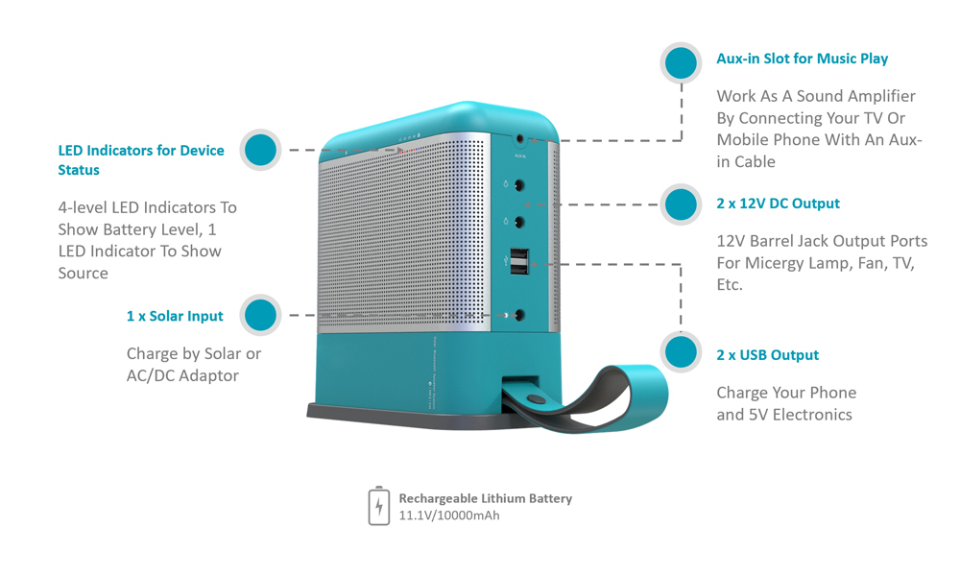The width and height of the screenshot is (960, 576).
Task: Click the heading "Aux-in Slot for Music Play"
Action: pyautogui.click(x=802, y=59)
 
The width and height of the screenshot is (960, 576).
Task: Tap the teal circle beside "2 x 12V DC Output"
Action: pyautogui.click(x=681, y=204)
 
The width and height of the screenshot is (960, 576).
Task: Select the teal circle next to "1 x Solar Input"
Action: pyautogui.click(x=260, y=315)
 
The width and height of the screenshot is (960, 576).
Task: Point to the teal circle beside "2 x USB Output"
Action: pyautogui.click(x=681, y=352)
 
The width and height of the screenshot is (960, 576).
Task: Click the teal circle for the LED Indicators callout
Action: pyautogui.click(x=260, y=150)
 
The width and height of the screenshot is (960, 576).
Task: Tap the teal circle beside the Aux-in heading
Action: pyautogui.click(x=681, y=62)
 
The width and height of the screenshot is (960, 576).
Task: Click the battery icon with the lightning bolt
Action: pyautogui.click(x=379, y=506)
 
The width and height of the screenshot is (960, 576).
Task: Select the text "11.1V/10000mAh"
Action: pyautogui.click(x=448, y=516)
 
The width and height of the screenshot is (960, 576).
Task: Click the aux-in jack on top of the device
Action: pyautogui.click(x=520, y=140)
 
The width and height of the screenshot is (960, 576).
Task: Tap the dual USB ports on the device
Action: pyautogui.click(x=519, y=261)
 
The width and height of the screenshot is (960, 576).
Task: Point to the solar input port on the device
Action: pyautogui.click(x=519, y=315)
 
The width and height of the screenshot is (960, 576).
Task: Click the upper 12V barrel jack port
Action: pyautogui.click(x=519, y=185)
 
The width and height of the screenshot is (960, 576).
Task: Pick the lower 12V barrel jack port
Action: pyautogui.click(x=519, y=222)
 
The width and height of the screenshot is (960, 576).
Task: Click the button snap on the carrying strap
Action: pyautogui.click(x=537, y=399)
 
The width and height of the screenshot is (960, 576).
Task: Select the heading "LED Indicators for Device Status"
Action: pyautogui.click(x=141, y=159)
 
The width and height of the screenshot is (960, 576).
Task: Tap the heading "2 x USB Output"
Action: pyautogui.click(x=767, y=355)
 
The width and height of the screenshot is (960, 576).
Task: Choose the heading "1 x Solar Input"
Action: pyautogui.click(x=175, y=316)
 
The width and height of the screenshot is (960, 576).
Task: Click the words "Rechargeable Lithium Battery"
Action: pyautogui.click(x=486, y=498)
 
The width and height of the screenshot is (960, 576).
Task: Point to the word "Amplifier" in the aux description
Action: pyautogui.click(x=881, y=96)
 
